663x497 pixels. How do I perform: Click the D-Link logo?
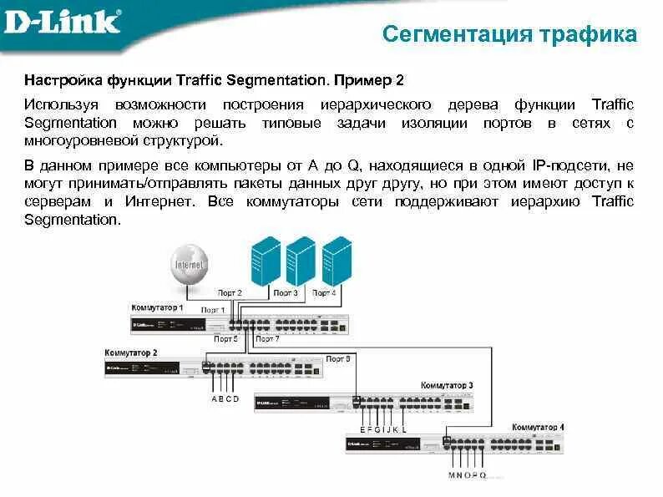[x=62, y=23]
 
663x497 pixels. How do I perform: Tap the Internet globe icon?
[x=190, y=266]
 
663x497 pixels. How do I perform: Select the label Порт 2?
[x=230, y=293]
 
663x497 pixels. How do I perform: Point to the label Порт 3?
[x=286, y=293]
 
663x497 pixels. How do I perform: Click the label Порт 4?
[x=324, y=293]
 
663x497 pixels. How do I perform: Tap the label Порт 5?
[x=225, y=339]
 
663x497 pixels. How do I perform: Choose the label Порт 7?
[x=266, y=339]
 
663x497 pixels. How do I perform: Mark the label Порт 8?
[x=338, y=358]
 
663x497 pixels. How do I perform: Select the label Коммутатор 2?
[x=131, y=352]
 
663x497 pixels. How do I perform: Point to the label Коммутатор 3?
[x=447, y=385]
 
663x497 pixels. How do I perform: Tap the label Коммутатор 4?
[x=538, y=427]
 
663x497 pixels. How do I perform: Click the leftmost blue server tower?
[x=266, y=261]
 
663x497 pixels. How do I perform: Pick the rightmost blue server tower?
[x=337, y=261]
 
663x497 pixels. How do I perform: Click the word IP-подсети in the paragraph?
[x=542, y=164]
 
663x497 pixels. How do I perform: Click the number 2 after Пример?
[x=400, y=81]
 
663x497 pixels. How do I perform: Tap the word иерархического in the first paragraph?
[x=376, y=104]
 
